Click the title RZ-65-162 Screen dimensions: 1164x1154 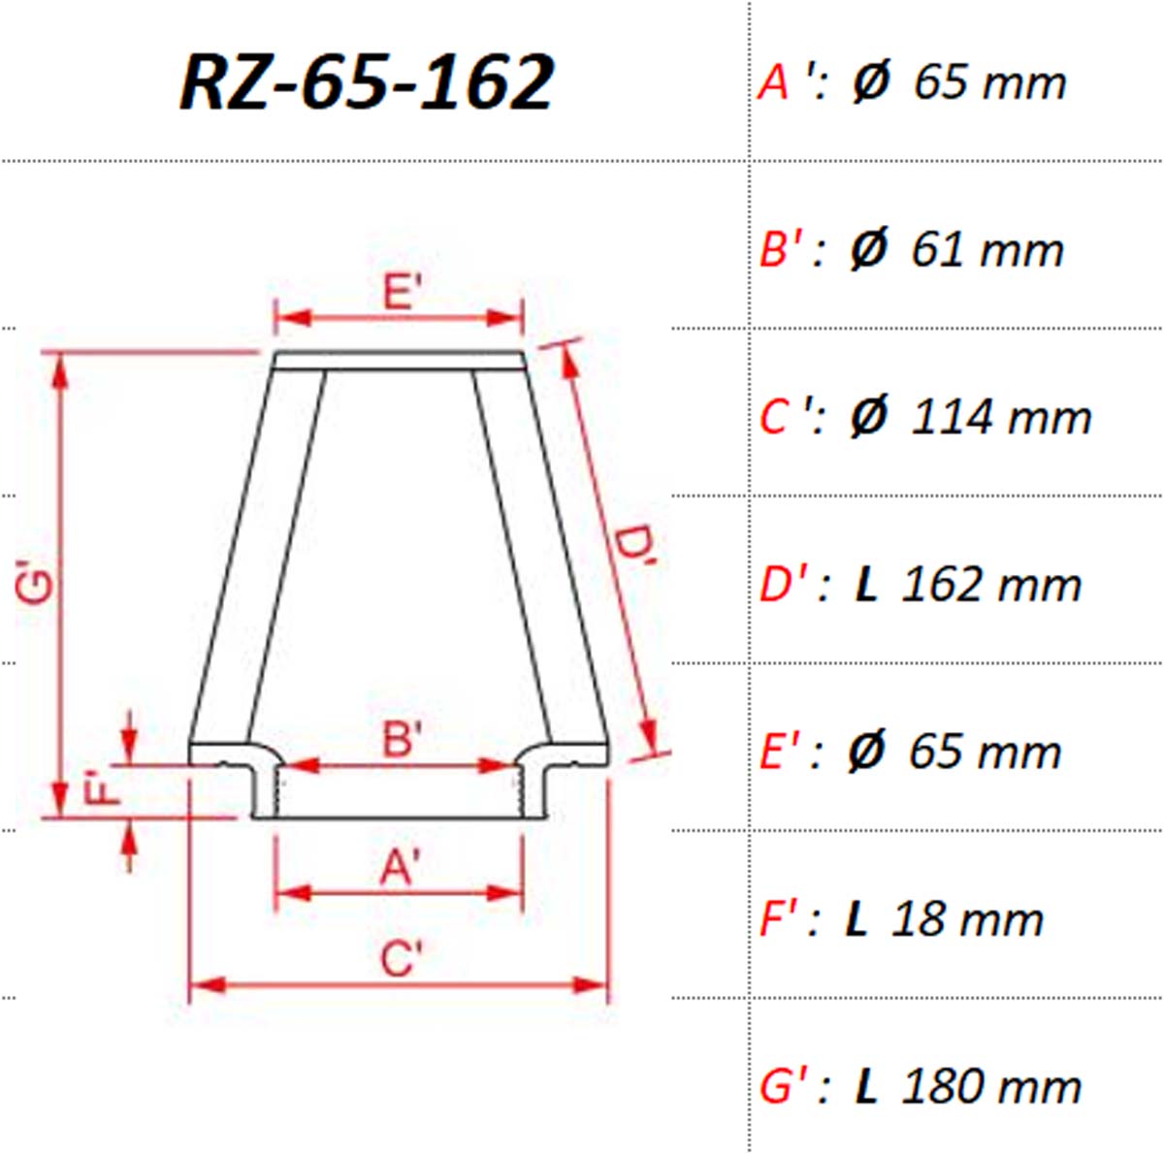[367, 82]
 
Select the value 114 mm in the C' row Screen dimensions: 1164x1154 [1001, 417]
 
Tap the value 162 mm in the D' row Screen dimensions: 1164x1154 [991, 584]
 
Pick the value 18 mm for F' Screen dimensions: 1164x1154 [967, 919]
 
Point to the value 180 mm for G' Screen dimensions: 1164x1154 [991, 1086]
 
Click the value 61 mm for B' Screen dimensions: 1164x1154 [987, 250]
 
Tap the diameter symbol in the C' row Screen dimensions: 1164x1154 [869, 416]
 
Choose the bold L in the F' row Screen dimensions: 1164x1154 [857, 919]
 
